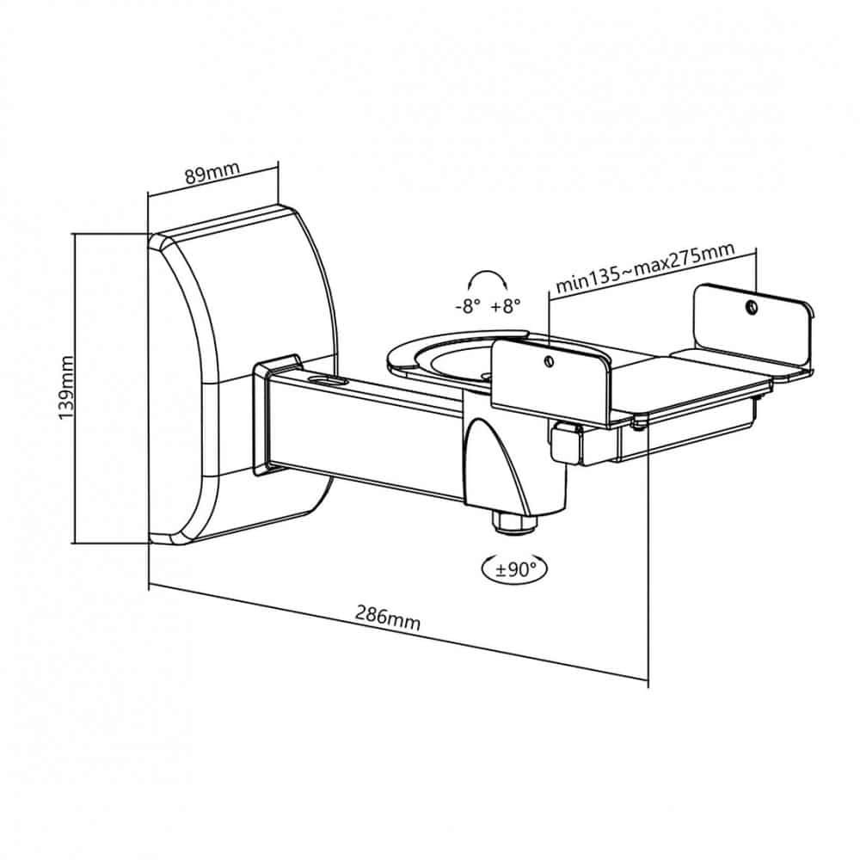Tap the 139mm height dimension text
(x=66, y=387)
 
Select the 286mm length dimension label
(x=388, y=617)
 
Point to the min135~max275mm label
(x=645, y=267)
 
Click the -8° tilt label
(x=468, y=306)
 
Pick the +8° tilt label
(x=505, y=305)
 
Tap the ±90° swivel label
(x=514, y=570)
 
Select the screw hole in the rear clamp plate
(x=751, y=307)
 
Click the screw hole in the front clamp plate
(x=548, y=360)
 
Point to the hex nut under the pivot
(x=514, y=522)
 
